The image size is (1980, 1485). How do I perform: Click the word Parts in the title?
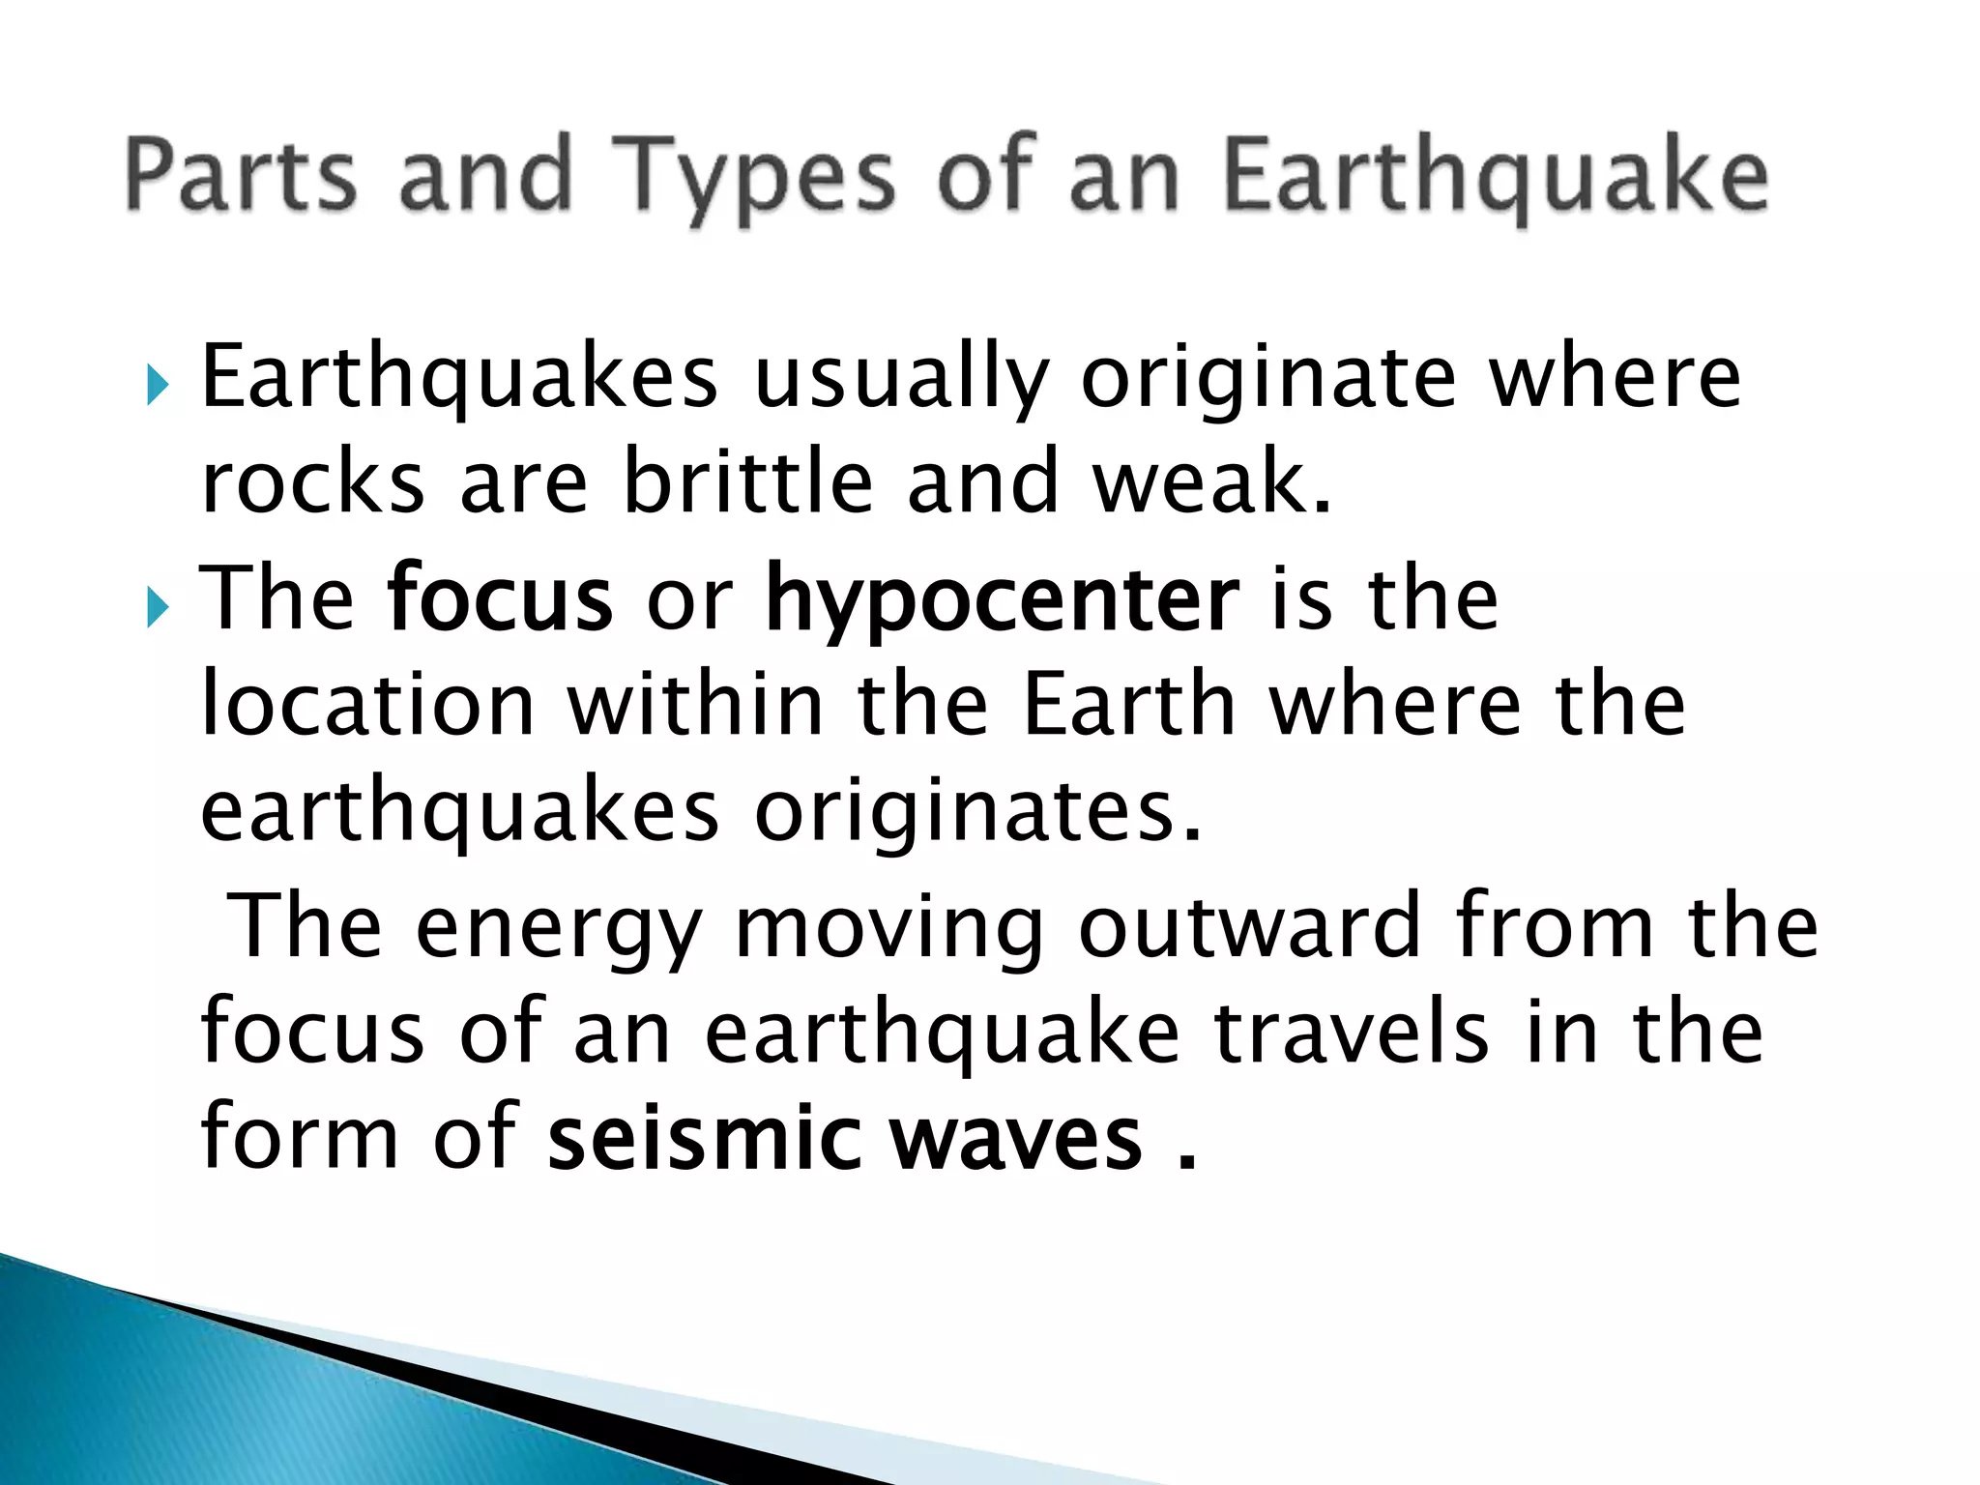[x=241, y=175]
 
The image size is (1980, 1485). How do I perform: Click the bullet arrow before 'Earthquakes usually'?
[x=158, y=386]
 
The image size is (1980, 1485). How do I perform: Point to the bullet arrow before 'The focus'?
[x=158, y=609]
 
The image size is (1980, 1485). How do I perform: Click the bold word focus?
[x=500, y=599]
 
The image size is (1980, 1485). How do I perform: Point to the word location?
[x=367, y=706]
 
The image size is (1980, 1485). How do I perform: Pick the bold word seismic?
[x=704, y=1138]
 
